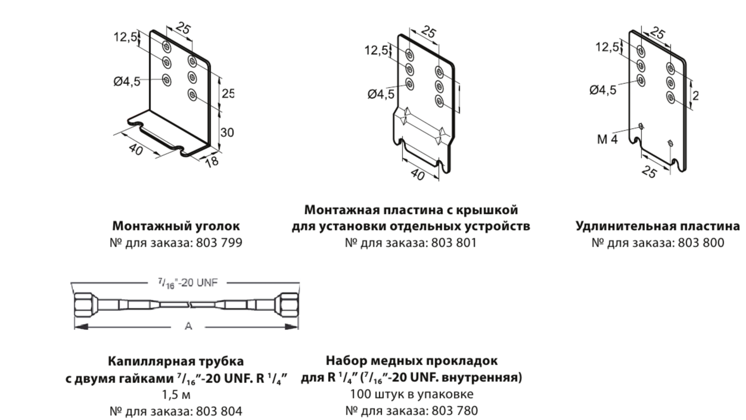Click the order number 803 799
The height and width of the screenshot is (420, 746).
click(x=219, y=242)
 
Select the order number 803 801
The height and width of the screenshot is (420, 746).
click(x=454, y=242)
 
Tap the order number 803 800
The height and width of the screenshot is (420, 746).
click(x=701, y=242)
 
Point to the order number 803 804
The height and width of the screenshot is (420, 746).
click(x=219, y=411)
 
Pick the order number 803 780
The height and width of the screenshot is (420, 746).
click(x=455, y=410)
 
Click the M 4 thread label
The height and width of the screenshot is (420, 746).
click(x=607, y=139)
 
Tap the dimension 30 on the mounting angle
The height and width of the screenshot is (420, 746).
click(x=227, y=133)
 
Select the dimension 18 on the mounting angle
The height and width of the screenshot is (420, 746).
click(x=212, y=161)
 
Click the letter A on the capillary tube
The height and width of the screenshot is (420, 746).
click(x=188, y=326)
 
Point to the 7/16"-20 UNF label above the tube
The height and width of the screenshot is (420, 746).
click(x=188, y=283)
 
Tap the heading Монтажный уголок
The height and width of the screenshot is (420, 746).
click(x=176, y=226)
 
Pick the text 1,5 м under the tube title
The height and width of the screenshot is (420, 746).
click(x=176, y=394)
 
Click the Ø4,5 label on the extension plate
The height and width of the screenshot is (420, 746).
click(x=603, y=90)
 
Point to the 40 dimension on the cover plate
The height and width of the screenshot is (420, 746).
click(x=418, y=175)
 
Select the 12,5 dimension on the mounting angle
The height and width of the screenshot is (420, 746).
click(x=125, y=37)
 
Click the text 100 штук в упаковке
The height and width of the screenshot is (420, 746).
click(x=412, y=394)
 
